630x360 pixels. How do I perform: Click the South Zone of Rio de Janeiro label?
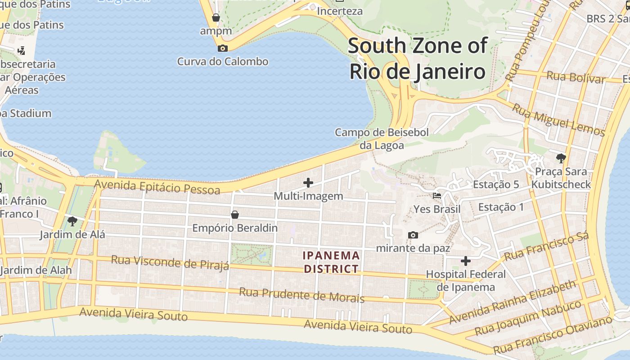pyautogui.click(x=418, y=59)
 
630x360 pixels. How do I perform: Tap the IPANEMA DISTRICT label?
pyautogui.click(x=331, y=262)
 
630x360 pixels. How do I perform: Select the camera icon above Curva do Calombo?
pyautogui.click(x=222, y=48)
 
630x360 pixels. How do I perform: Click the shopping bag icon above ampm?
pyautogui.click(x=216, y=18)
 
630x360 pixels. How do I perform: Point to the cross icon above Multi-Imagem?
pyautogui.click(x=308, y=182)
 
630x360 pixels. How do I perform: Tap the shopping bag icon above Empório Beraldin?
pyautogui.click(x=234, y=215)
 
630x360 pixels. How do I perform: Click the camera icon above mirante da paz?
pyautogui.click(x=413, y=235)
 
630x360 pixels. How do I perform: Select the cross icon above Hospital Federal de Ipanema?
pyautogui.click(x=466, y=261)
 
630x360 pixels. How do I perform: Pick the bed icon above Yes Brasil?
pyautogui.click(x=436, y=196)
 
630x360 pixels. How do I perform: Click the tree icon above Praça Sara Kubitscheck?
pyautogui.click(x=561, y=158)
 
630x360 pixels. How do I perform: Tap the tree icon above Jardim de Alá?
pyautogui.click(x=72, y=221)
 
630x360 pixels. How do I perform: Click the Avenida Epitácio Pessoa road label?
pyautogui.click(x=157, y=186)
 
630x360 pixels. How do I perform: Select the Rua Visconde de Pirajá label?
pyautogui.click(x=170, y=262)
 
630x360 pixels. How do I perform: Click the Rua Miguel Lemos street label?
pyautogui.click(x=558, y=120)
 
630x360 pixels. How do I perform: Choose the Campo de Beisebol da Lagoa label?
pyautogui.click(x=382, y=139)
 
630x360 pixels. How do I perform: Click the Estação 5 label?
pyautogui.click(x=496, y=184)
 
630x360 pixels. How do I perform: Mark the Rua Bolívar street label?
pyautogui.click(x=576, y=77)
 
